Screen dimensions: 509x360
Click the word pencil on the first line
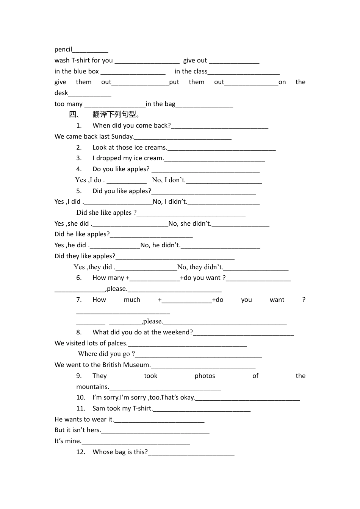(x=63, y=50)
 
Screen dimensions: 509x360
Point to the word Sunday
(x=122, y=136)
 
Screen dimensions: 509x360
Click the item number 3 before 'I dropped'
(x=79, y=158)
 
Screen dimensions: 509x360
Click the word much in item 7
(x=132, y=300)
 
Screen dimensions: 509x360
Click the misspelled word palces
(x=117, y=343)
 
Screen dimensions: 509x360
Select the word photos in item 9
(x=205, y=376)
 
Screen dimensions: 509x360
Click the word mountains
(x=92, y=387)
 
